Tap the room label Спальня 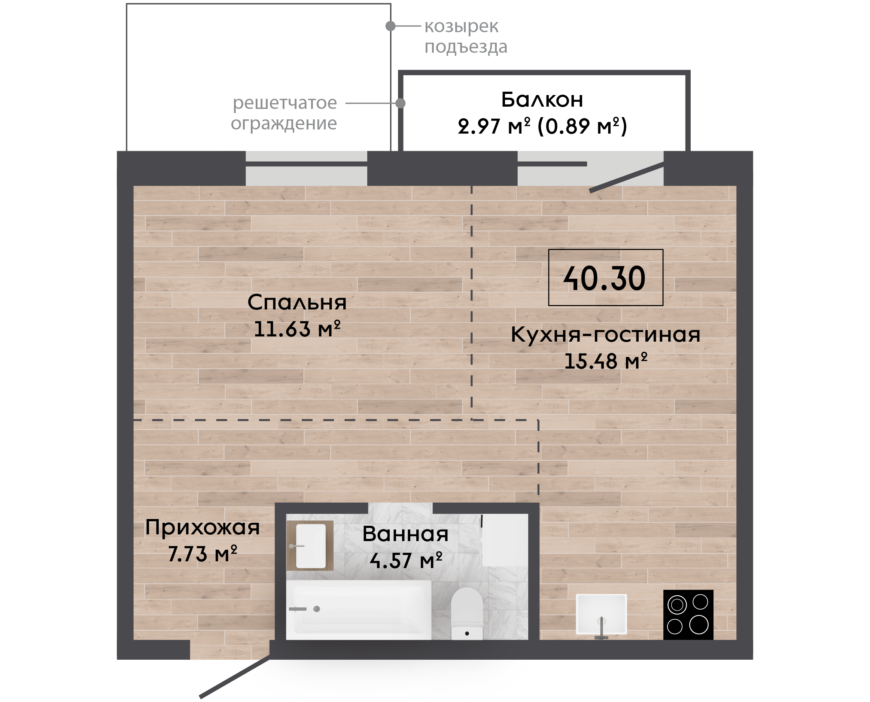pos(297,302)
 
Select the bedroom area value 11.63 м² pos(297,329)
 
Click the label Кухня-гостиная pos(605,335)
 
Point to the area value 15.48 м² pos(605,361)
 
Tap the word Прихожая pos(202,528)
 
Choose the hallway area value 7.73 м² pos(202,554)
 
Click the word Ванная pos(405,534)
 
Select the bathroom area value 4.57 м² pos(406,561)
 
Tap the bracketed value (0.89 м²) pos(582,126)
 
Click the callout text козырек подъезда pos(466,37)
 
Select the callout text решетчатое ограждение pos(284,113)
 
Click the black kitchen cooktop pos(688,615)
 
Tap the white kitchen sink pos(602,614)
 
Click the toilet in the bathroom pos(467,613)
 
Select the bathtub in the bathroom pos(358,610)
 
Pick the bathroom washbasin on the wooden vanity pos(311,546)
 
